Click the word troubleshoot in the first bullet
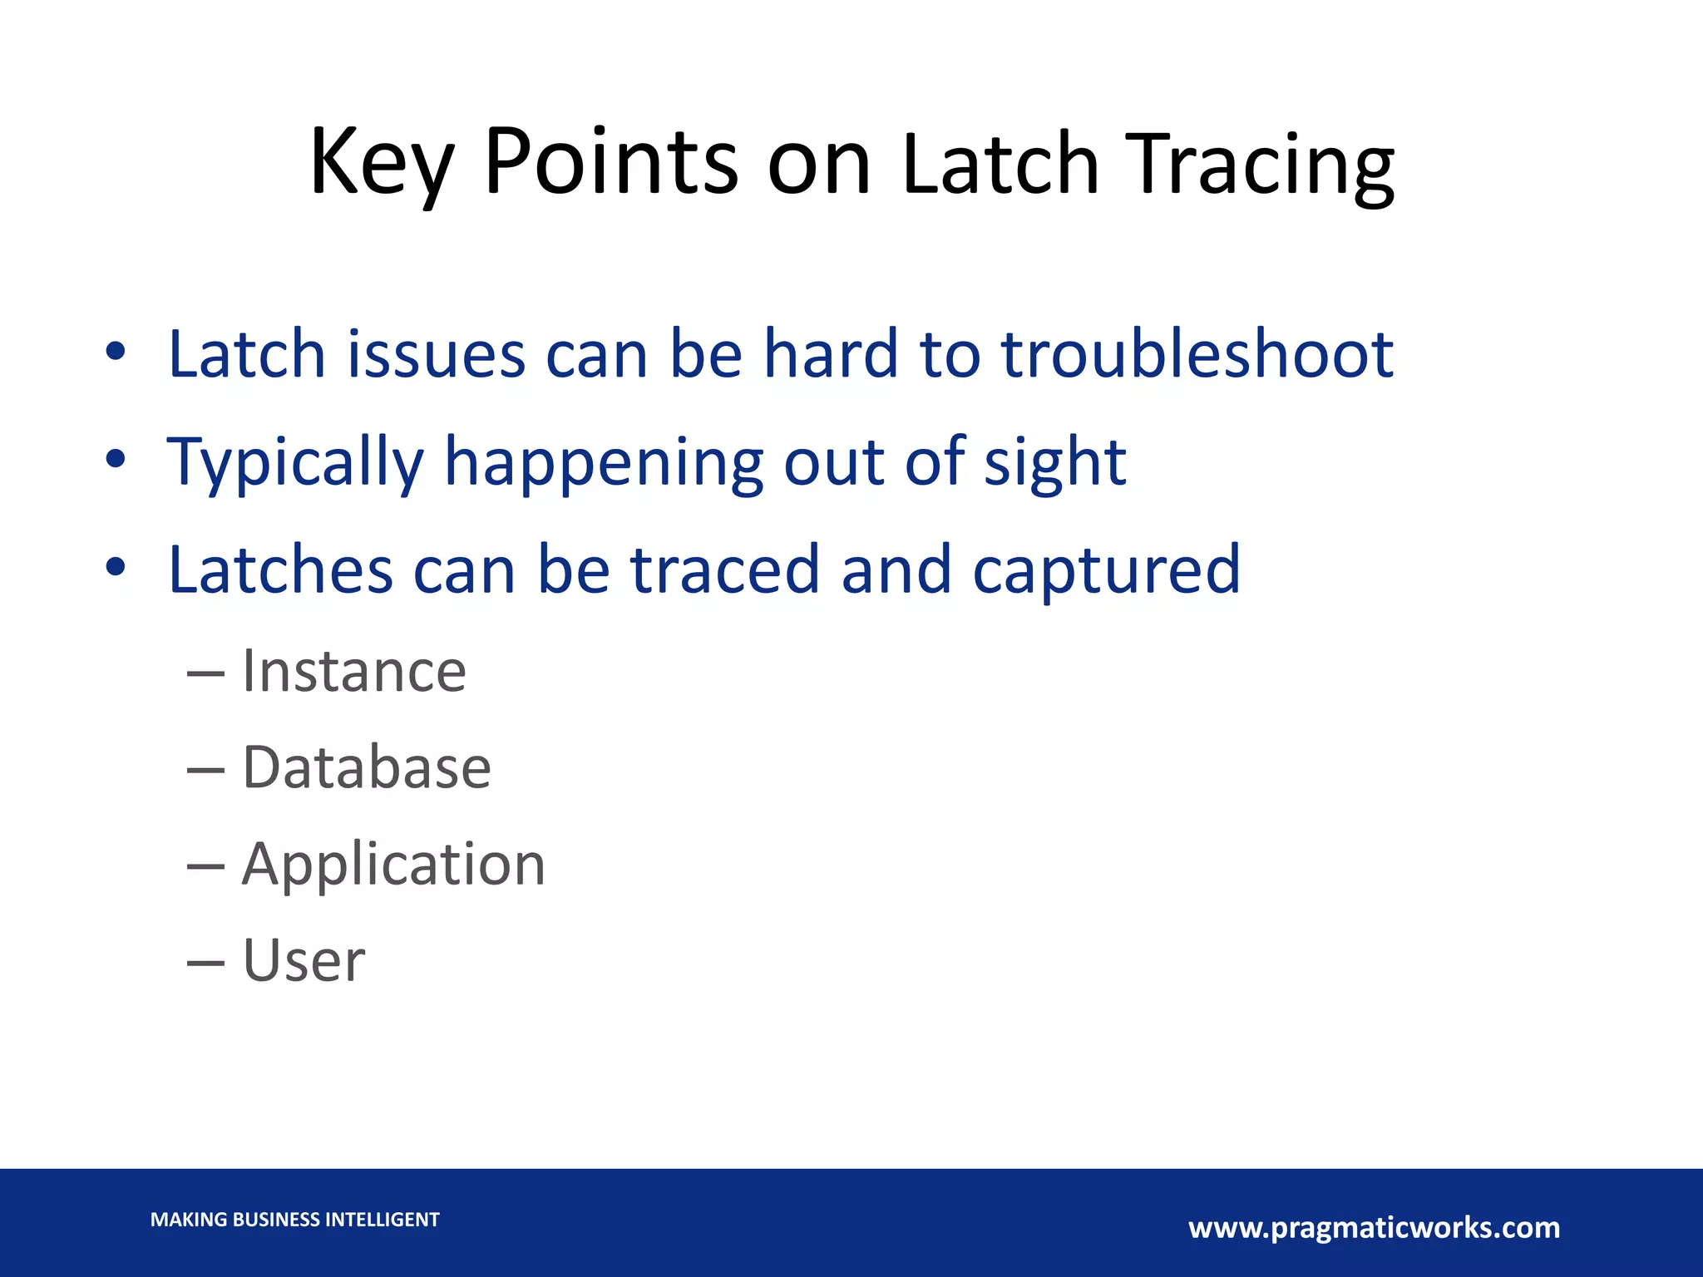coord(1197,354)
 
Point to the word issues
coord(436,354)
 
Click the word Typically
coord(296,462)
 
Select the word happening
coord(604,462)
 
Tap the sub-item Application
coord(393,865)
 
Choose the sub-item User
coord(304,961)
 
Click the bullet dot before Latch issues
coord(116,352)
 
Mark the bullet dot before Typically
coord(116,460)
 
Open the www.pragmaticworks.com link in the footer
coord(1374,1227)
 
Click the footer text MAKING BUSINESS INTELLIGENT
coord(294,1220)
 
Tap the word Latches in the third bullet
coord(280,570)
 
